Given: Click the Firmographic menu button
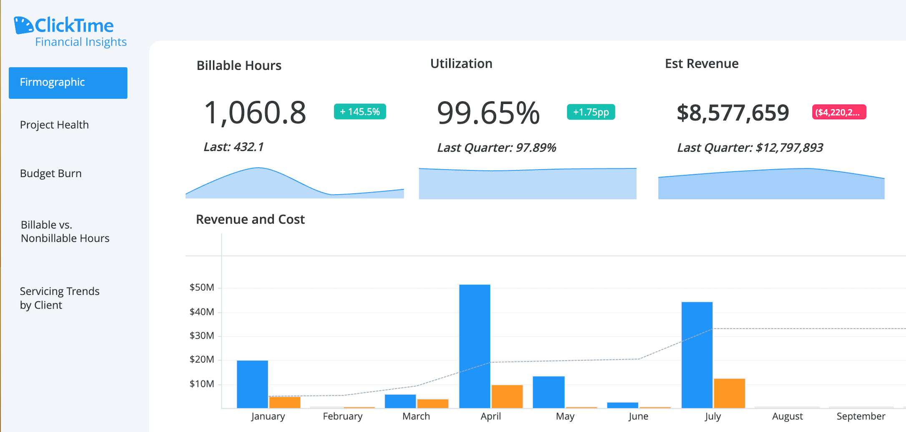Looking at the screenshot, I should click(68, 83).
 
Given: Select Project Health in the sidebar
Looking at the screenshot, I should click(54, 125).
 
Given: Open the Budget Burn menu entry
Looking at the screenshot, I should click(51, 173).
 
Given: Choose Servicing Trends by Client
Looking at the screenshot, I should click(59, 298).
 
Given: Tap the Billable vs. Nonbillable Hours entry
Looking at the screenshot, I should click(65, 231).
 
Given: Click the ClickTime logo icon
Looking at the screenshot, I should click(23, 25).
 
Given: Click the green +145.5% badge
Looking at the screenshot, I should click(360, 112).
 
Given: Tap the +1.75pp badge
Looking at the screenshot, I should click(591, 112).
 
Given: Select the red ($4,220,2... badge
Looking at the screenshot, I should click(839, 112).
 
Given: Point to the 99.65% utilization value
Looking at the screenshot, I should click(488, 113).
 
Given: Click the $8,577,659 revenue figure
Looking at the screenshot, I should click(732, 113).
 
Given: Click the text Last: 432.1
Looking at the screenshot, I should click(234, 147).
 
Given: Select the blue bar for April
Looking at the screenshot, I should click(475, 346).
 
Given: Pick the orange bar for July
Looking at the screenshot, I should click(729, 393).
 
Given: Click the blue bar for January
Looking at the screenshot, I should click(252, 384).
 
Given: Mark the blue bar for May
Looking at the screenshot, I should click(549, 392).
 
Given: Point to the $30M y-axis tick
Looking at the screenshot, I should click(202, 336).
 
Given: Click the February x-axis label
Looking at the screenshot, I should click(342, 416).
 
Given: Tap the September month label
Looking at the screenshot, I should click(861, 416).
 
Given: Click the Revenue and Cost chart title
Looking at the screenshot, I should click(250, 219).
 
